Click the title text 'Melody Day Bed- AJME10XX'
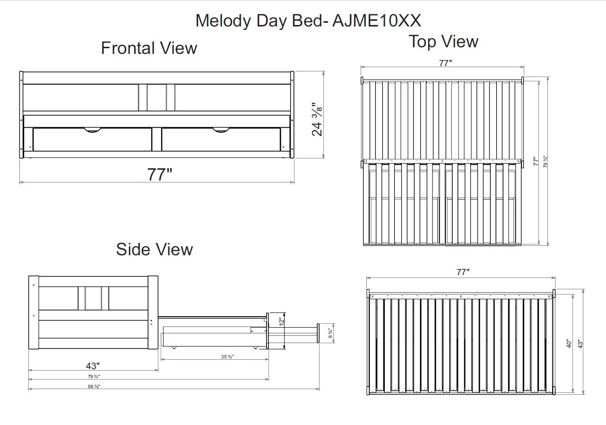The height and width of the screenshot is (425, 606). (x=308, y=21)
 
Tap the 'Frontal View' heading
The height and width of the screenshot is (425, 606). (x=149, y=48)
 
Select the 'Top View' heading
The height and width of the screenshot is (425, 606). (x=443, y=42)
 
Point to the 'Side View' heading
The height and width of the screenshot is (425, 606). (x=155, y=249)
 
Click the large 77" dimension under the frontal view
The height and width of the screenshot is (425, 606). (x=159, y=174)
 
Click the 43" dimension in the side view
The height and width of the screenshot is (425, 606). (x=93, y=365)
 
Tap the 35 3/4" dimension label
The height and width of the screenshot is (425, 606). (x=227, y=357)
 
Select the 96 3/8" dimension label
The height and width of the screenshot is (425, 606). (x=93, y=386)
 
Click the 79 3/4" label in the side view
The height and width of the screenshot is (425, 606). (x=93, y=376)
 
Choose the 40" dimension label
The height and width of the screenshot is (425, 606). (x=569, y=343)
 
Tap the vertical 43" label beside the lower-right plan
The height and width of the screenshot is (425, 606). (x=580, y=343)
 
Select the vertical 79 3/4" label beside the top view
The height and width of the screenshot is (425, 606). (x=545, y=162)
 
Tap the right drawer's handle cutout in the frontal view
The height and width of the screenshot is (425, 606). (x=221, y=130)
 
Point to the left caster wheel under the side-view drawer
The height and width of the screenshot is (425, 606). (x=174, y=347)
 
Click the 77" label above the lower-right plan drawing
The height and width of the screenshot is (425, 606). (x=463, y=272)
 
